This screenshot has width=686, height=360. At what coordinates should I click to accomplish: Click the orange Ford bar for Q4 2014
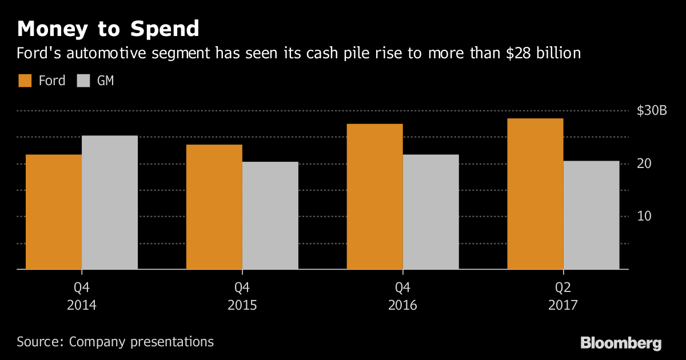click(x=54, y=211)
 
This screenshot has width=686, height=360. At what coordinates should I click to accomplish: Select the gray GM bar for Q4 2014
click(x=110, y=202)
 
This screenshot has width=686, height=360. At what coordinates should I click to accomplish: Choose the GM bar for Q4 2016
click(x=431, y=211)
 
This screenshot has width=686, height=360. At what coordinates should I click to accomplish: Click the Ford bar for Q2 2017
click(x=535, y=194)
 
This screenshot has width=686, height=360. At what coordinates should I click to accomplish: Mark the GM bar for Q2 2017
click(x=591, y=215)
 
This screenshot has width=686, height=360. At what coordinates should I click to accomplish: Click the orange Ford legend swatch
click(x=25, y=81)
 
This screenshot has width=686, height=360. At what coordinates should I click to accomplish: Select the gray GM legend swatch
click(x=83, y=81)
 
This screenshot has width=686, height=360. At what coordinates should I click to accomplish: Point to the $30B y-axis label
click(x=652, y=111)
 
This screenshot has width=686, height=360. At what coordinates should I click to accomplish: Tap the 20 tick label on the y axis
click(x=645, y=164)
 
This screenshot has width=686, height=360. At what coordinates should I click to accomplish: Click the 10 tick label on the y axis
click(x=645, y=217)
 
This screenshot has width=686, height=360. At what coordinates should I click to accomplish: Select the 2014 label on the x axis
click(x=82, y=305)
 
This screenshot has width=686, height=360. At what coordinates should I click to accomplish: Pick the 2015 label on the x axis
click(x=242, y=305)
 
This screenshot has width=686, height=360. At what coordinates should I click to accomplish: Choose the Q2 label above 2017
click(x=563, y=286)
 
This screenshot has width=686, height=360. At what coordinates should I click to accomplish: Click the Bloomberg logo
click(x=621, y=343)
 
